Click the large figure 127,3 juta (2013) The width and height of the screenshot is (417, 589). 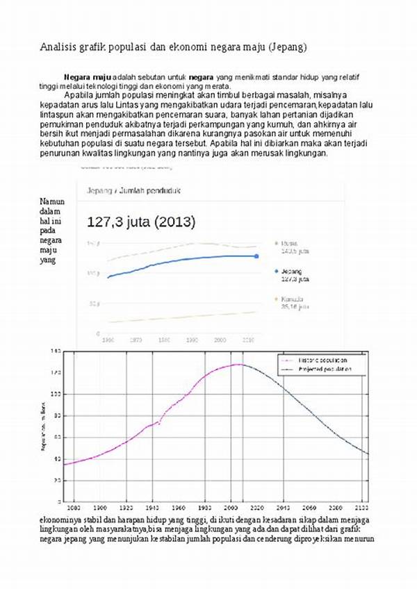tap(141, 222)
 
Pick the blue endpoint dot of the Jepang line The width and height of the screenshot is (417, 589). tap(256, 256)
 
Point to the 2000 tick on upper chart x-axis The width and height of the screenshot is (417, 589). tap(220, 340)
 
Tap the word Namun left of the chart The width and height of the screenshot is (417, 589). tap(52, 201)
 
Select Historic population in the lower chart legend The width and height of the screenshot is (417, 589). tap(323, 360)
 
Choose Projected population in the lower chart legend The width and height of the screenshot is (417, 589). tap(325, 370)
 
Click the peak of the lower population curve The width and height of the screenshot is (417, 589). tap(238, 364)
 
